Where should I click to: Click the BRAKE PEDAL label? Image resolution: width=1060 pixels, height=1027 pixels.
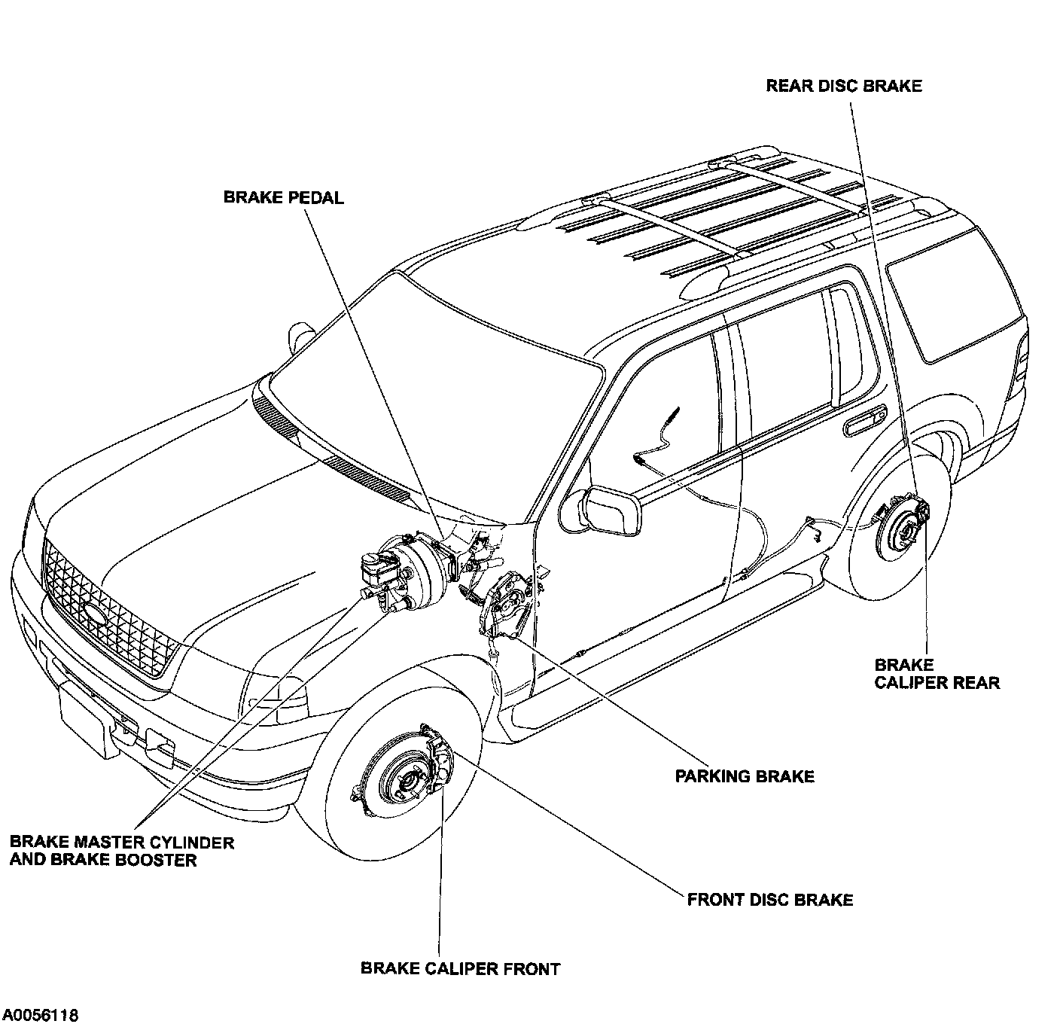click(283, 198)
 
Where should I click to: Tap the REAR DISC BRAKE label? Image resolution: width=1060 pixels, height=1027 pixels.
click(843, 86)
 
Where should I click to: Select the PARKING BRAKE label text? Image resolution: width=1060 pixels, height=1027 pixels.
click(745, 776)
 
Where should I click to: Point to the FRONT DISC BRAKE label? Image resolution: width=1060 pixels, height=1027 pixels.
click(770, 900)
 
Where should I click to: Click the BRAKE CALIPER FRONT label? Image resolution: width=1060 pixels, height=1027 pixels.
click(460, 969)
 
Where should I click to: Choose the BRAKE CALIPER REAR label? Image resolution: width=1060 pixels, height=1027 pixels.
click(937, 674)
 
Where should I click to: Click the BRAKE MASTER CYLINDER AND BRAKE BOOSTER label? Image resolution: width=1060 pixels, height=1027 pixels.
click(122, 851)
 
